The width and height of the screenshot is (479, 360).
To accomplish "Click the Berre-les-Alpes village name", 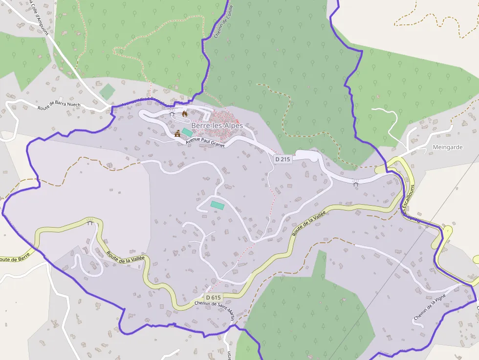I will coord(217,126).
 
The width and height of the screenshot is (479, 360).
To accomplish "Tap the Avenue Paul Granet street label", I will coord(205,142).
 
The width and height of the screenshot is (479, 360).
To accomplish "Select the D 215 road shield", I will coord(283,159).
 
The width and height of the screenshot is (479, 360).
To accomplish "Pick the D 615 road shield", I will coord(213,297).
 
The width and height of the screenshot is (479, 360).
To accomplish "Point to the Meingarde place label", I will coord(448,147).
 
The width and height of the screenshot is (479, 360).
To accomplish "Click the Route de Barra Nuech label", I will coord(59,106).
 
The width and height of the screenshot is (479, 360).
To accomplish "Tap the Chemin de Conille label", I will coord(223,22).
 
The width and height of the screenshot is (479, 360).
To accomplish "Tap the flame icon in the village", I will coord(185,114).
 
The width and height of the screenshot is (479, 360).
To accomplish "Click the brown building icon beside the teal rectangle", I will coord(177,133).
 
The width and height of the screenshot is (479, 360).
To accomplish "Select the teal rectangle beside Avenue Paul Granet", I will coord(187,132).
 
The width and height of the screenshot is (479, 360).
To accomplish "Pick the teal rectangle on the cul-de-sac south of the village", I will coord(218,205).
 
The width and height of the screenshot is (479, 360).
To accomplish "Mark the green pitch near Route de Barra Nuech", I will coord(107,91).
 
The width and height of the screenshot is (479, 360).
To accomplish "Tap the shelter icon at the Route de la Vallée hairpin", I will coord(89,223).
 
